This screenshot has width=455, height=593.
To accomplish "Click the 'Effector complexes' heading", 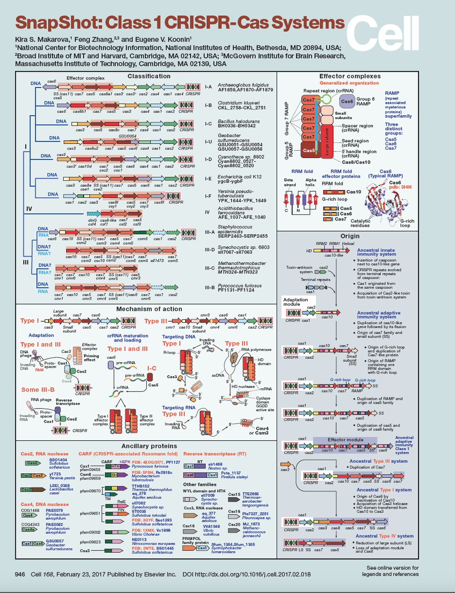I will pyautogui.click(x=350, y=76).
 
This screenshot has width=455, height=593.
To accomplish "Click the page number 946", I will pyautogui.click(x=20, y=574).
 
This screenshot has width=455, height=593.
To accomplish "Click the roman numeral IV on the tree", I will pyautogui.click(x=29, y=209).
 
